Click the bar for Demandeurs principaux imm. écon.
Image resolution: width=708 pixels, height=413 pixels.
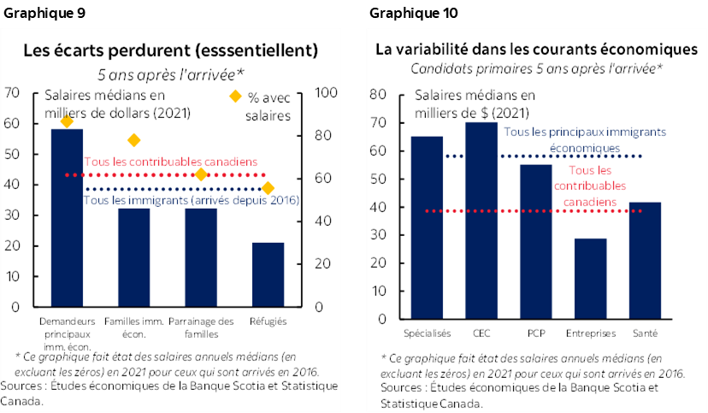pos(67,218)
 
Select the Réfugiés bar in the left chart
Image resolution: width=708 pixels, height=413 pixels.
pos(268,274)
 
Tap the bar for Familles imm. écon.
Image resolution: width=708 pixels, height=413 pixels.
pos(133,257)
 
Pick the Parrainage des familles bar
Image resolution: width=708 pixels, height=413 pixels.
pos(201,257)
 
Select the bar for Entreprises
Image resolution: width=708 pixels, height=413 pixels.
pos(590,279)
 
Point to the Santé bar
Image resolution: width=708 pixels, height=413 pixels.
pos(645,261)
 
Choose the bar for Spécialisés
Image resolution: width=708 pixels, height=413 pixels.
pos(427,227)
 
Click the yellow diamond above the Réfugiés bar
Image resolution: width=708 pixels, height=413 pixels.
pos(268,188)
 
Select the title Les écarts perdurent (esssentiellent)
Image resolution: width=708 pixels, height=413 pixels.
pos(170,50)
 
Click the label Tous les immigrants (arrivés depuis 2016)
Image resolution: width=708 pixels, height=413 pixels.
pos(190,201)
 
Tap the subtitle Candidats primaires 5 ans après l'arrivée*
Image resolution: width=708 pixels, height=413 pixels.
pos(537,68)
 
